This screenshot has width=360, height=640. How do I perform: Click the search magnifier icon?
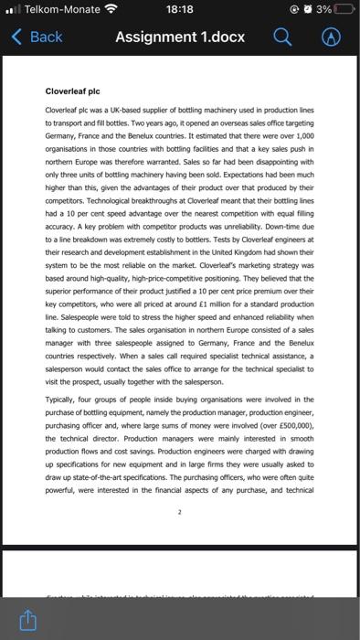282,37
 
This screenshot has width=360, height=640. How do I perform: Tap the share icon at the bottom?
28,621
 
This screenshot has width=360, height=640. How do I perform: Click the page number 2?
180,513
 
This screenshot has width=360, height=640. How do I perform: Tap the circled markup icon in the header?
334,37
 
